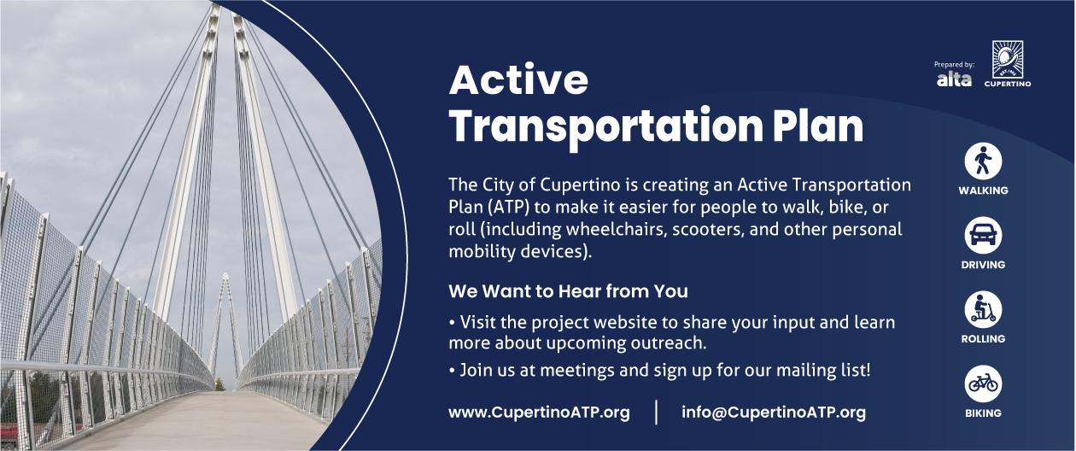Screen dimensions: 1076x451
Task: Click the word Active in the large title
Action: pos(518,79)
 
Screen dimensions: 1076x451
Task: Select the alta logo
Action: pos(954,79)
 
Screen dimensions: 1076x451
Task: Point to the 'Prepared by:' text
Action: pos(954,64)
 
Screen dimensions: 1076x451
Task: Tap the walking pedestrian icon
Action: pos(983,161)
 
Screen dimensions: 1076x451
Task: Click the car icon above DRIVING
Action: pos(983,236)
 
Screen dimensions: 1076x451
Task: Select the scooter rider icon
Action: pos(983,309)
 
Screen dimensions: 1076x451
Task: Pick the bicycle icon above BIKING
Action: pos(983,384)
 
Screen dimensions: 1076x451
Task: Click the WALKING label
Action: pos(983,190)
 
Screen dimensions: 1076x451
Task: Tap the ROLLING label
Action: pos(983,339)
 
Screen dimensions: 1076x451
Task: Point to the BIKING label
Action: pos(983,413)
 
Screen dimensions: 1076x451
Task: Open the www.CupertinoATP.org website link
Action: pos(539,413)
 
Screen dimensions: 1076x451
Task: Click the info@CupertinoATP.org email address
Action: pos(774,413)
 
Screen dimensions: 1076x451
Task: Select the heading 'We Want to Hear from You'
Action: pos(568,291)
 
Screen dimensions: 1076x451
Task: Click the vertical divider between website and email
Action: pos(656,413)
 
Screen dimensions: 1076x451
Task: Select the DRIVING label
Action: pos(983,265)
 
